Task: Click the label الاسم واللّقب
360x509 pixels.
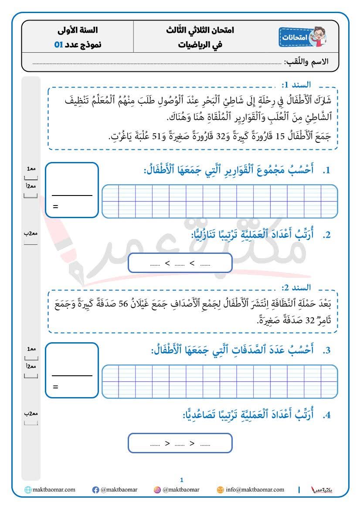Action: click(x=306, y=62)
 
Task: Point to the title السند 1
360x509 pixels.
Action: click(x=296, y=84)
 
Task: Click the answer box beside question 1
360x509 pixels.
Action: click(x=72, y=190)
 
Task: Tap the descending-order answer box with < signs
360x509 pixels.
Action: click(x=180, y=263)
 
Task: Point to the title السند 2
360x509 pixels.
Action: click(x=296, y=287)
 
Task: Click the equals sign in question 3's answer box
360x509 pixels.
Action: click(x=55, y=387)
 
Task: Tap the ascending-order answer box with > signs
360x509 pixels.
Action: click(x=180, y=444)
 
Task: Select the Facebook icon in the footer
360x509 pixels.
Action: click(x=95, y=490)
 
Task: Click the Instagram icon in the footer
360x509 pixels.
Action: click(x=157, y=490)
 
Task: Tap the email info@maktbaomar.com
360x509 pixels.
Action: click(x=255, y=489)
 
